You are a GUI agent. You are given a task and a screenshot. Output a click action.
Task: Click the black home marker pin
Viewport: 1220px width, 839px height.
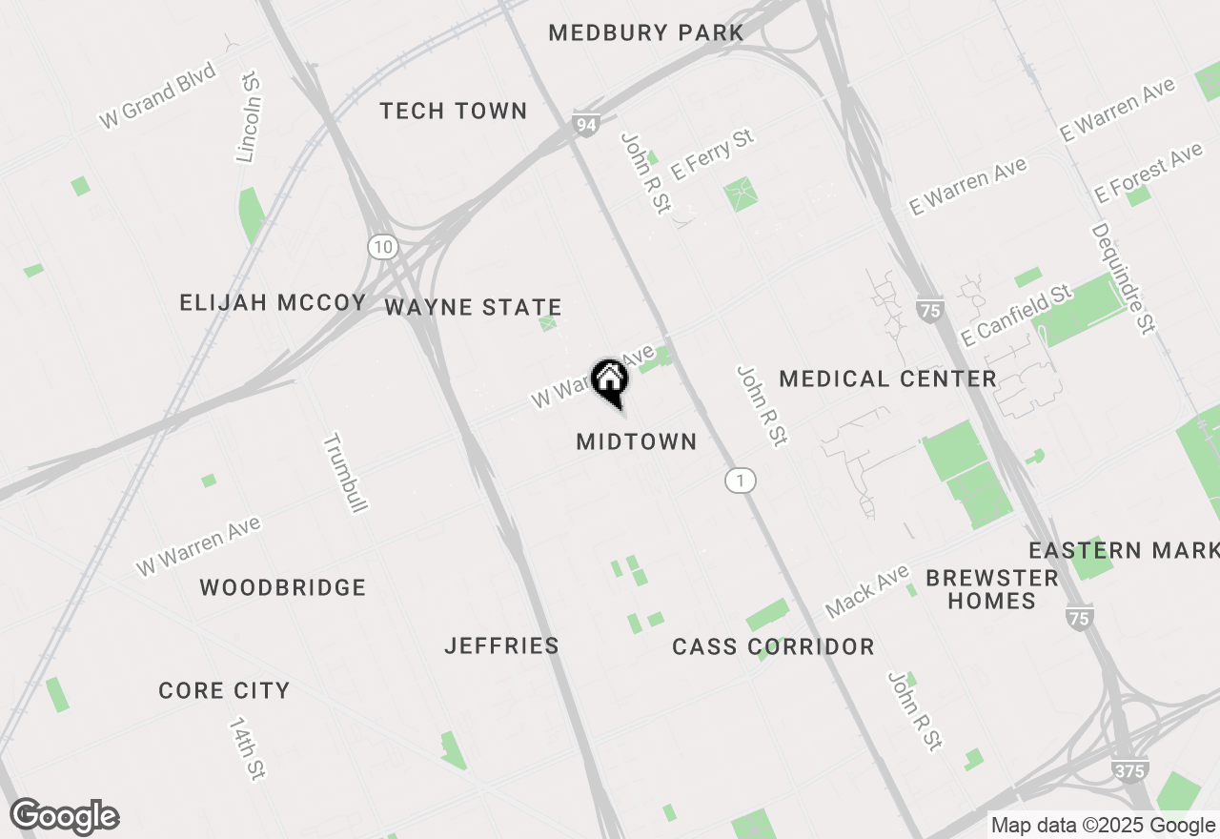point(610,380)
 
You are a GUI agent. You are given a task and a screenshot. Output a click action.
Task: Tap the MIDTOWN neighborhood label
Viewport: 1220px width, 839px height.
point(637,441)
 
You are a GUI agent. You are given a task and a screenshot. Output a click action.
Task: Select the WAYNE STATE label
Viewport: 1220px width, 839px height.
point(473,308)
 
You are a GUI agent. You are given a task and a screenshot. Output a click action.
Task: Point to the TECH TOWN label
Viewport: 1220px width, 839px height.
point(454,112)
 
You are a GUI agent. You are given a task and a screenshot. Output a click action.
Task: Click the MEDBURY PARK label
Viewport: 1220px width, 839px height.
point(646,33)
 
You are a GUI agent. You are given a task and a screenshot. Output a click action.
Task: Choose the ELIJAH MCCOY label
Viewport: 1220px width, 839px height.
point(273,303)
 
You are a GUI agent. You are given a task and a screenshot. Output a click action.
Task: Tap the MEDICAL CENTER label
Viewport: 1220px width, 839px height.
point(887,379)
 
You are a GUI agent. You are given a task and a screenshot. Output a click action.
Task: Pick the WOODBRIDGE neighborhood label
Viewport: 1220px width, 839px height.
point(283,587)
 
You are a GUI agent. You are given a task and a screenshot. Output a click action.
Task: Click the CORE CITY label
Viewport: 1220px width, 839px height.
point(224,690)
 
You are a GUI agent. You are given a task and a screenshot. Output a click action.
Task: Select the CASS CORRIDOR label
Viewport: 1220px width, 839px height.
point(773,647)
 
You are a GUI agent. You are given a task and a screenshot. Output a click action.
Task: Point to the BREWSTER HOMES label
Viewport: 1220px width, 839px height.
point(992,589)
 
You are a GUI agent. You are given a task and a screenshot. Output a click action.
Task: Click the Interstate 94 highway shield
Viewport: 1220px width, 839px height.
point(585,124)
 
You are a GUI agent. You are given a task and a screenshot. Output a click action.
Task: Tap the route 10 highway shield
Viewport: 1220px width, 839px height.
point(382,247)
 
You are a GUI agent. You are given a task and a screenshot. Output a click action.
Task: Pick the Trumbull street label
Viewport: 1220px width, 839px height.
point(344,473)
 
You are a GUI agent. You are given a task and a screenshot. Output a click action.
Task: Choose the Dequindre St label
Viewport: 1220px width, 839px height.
point(1123,277)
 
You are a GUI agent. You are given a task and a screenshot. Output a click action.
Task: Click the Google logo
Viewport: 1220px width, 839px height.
point(65,817)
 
